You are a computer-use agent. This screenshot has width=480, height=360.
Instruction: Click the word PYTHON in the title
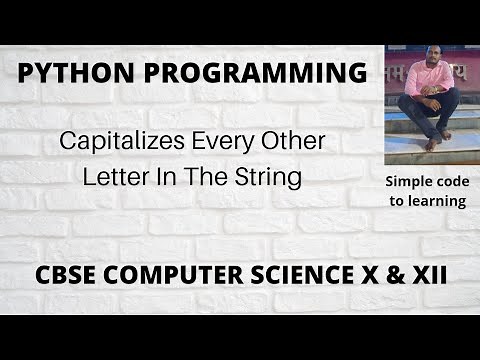coord(66,74)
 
